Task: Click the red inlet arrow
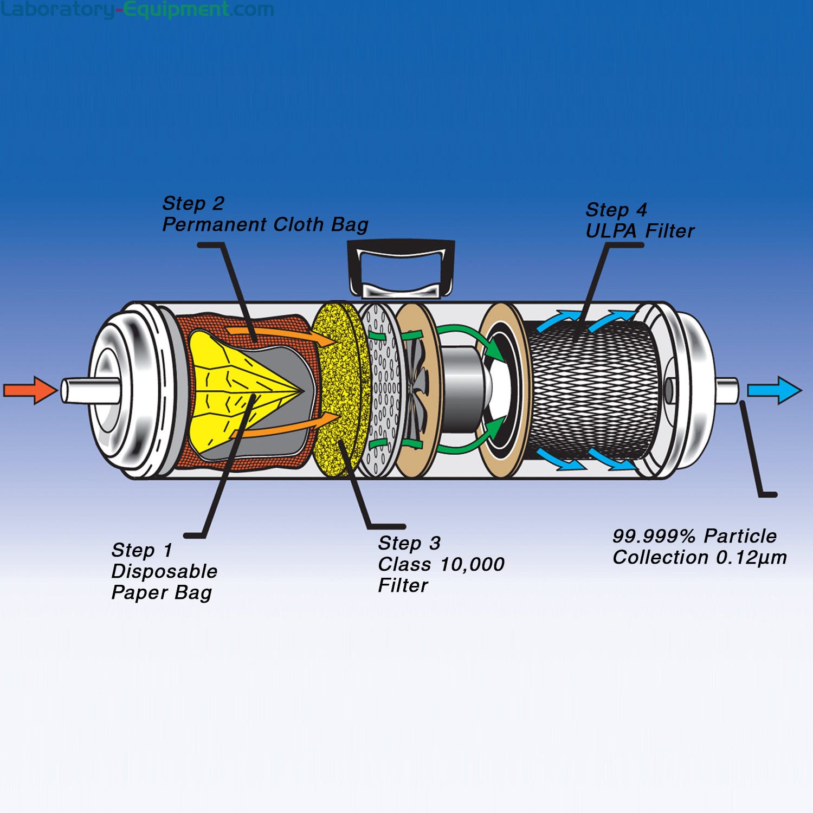point(30,390)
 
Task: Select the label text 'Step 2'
point(193,204)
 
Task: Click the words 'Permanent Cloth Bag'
point(265,225)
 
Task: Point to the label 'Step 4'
point(616,210)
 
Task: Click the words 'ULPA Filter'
point(640,231)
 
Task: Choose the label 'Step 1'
point(142,551)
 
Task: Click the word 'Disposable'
point(164,572)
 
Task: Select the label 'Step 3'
point(409,544)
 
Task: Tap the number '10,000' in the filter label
point(473,565)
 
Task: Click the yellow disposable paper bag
point(228,396)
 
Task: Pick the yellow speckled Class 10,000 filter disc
point(336,390)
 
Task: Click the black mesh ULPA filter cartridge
point(591,390)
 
